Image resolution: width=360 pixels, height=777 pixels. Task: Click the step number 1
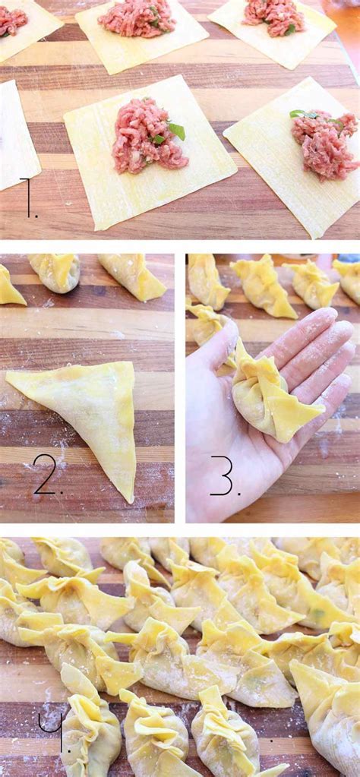pyautogui.click(x=28, y=199)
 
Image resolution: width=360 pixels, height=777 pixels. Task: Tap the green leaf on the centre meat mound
pyautogui.click(x=176, y=131)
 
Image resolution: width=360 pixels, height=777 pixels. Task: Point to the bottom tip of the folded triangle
pyautogui.click(x=130, y=497)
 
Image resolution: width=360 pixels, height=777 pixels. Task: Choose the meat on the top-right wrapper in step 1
pyautogui.click(x=273, y=17)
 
